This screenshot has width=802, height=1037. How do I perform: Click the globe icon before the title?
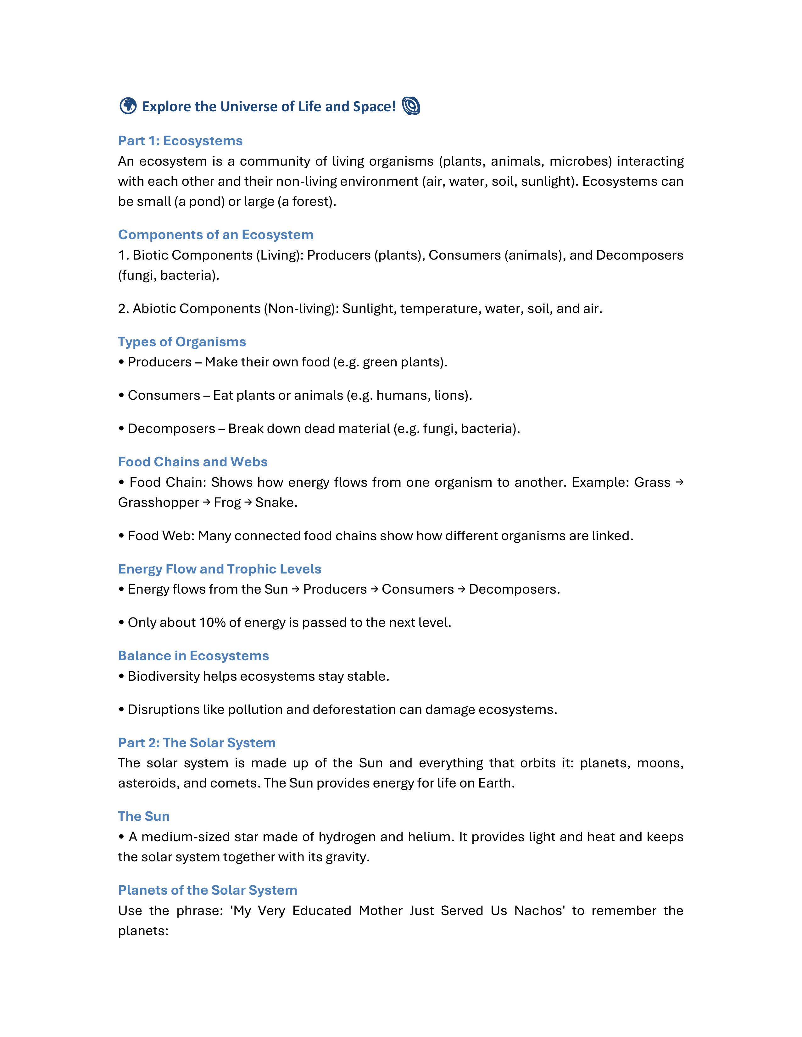tap(128, 106)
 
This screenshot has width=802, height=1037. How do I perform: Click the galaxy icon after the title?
tap(411, 106)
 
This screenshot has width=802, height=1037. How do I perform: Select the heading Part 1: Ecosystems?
tap(180, 141)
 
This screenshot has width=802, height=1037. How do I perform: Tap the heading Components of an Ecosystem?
tap(216, 235)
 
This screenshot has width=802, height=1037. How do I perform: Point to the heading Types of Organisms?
tap(182, 342)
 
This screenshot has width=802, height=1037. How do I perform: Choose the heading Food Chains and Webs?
tap(193, 462)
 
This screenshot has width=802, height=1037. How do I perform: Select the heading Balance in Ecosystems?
tap(193, 656)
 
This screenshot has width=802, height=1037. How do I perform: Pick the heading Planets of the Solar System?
tap(208, 890)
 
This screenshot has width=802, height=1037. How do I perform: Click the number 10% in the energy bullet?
tap(212, 623)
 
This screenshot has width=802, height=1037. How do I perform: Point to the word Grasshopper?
tap(158, 502)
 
